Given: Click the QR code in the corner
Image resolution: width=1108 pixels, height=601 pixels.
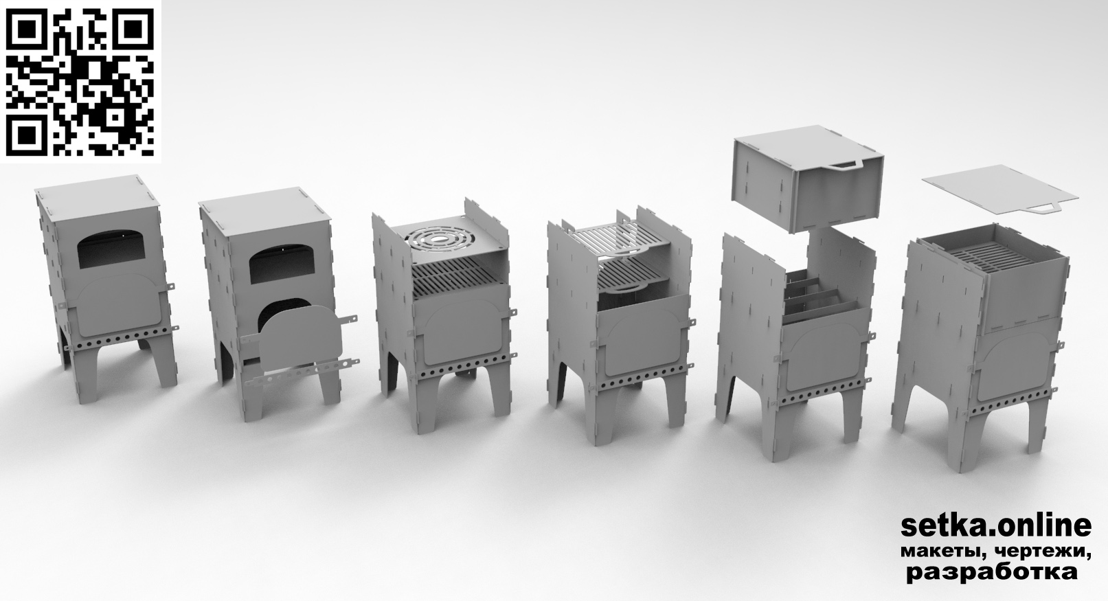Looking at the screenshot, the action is click(x=80, y=82).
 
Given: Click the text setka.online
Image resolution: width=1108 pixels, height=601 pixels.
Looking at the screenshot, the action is click(x=996, y=526).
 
